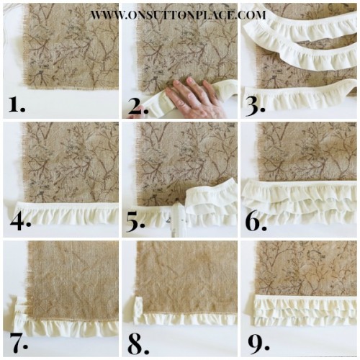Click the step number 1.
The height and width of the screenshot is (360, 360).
point(16,105)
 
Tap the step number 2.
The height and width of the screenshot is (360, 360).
point(137,105)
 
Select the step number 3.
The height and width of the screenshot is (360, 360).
point(256,105)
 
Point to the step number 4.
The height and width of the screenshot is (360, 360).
point(17,222)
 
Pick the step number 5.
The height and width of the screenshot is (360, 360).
point(137,222)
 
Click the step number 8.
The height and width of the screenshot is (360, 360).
point(136,339)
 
